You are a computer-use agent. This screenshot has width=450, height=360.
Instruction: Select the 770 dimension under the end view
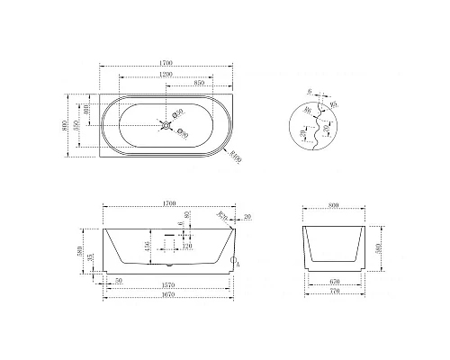(335, 298)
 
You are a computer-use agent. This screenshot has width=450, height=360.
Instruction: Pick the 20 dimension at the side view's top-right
(247, 217)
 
